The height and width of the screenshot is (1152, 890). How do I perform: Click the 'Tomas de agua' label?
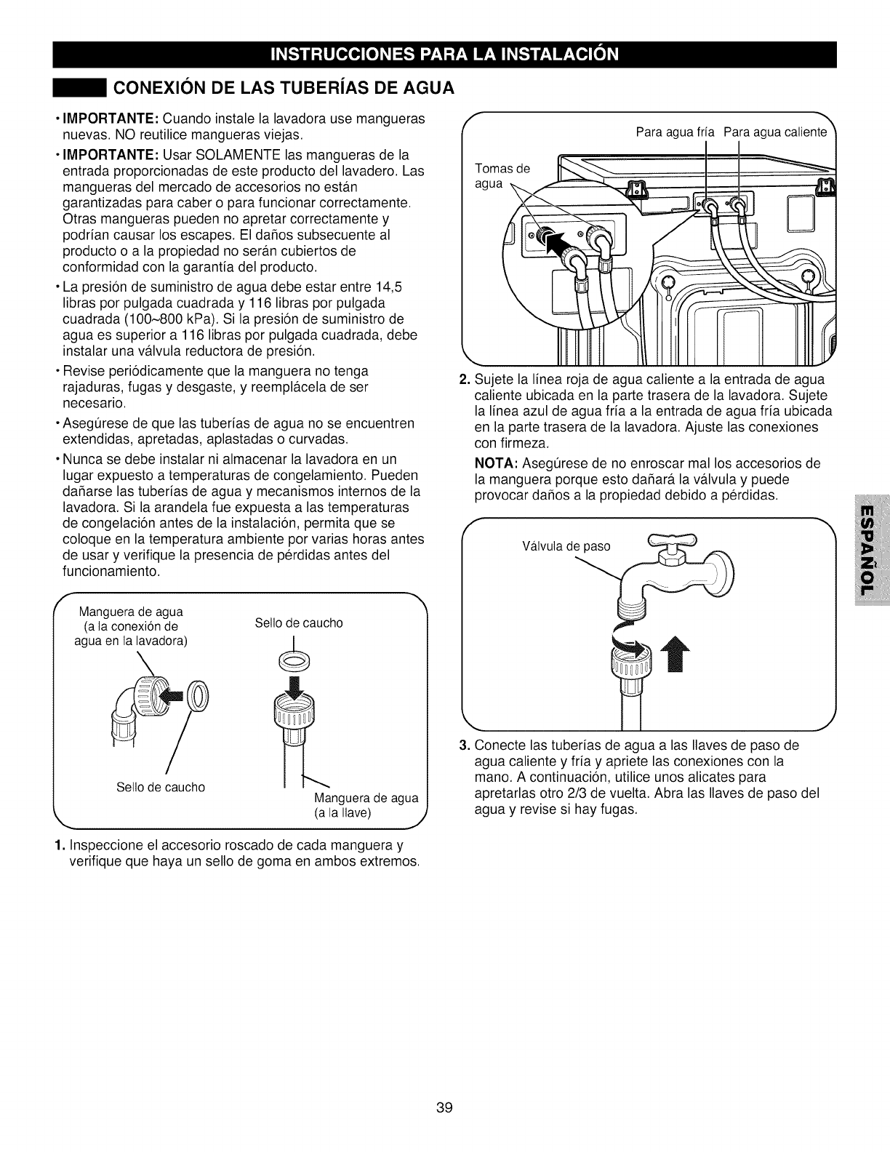[502, 176]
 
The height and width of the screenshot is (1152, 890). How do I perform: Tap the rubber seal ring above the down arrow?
[293, 660]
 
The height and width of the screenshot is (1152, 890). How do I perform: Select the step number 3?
[465, 745]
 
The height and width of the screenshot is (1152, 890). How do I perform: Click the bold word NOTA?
[496, 464]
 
